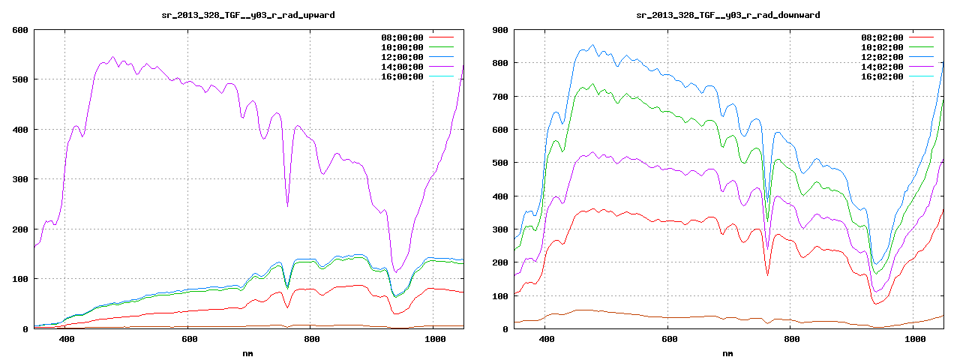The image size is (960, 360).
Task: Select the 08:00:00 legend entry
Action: (403, 37)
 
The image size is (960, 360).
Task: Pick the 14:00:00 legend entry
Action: (403, 67)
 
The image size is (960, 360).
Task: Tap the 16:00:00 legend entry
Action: (403, 76)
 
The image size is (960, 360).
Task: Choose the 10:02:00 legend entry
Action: (882, 47)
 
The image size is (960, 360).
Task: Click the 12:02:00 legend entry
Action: (882, 57)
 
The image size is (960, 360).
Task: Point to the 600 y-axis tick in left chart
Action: (19, 30)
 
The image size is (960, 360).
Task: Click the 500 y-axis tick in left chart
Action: (19, 79)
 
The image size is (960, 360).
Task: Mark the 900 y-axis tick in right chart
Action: (499, 30)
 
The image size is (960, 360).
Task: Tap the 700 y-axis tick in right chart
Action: (499, 97)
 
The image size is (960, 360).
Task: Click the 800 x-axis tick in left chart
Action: (312, 340)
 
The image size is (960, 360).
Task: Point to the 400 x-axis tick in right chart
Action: (546, 340)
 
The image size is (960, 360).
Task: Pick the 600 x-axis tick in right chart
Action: (668, 340)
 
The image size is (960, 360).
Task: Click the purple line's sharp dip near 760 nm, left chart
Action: (287, 205)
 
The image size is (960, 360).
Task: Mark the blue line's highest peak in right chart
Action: (592, 45)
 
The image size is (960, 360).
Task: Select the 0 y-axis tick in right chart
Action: (505, 329)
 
